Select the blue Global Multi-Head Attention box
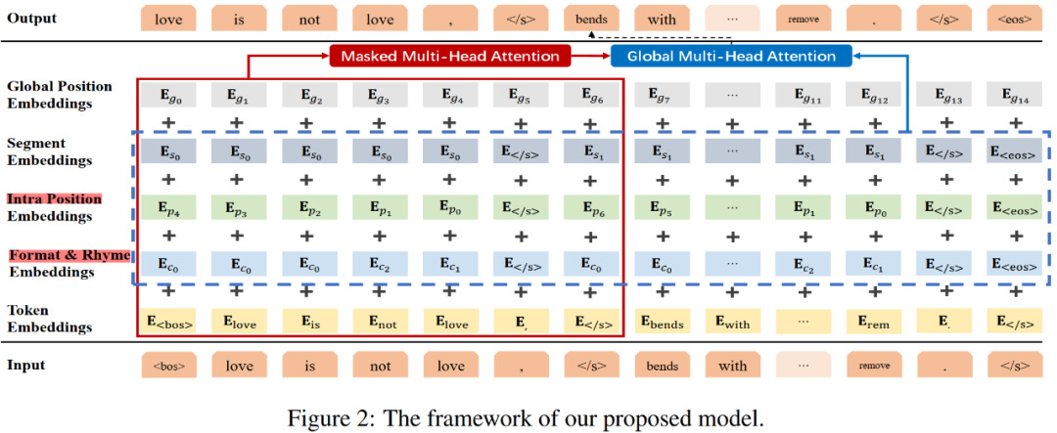point(731,56)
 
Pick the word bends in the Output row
point(590,19)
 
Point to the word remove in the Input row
point(874,367)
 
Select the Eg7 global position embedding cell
point(662,95)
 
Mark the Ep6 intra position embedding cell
point(590,208)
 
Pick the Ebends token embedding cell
point(662,320)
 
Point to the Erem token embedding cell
point(874,320)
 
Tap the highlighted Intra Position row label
point(55,199)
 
